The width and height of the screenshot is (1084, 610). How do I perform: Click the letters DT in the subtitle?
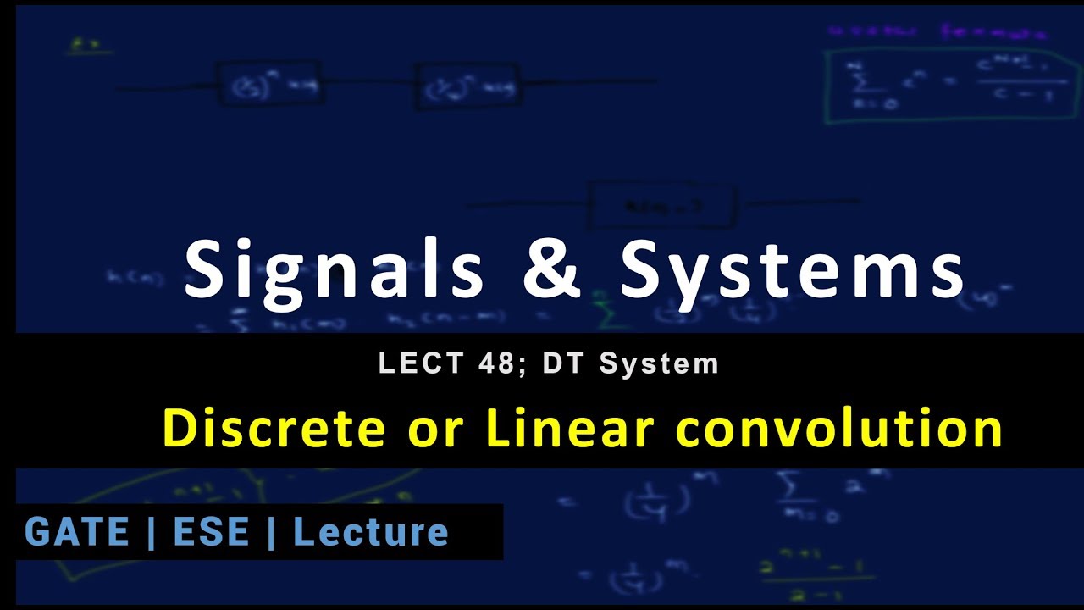coord(560,363)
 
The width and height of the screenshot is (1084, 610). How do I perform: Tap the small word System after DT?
coord(658,363)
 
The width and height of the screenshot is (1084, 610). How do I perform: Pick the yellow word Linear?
coord(570,429)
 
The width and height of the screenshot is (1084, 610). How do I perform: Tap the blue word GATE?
coord(78,532)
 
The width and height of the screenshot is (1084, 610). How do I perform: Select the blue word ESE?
coord(211,532)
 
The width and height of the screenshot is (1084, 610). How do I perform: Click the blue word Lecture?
coord(371,532)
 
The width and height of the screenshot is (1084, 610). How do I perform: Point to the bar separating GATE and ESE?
coord(151,532)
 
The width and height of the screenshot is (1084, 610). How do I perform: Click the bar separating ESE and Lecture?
coord(271,532)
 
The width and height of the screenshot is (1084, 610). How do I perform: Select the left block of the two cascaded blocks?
coord(269,83)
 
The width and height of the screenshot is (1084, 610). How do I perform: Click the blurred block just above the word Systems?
coord(662,206)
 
